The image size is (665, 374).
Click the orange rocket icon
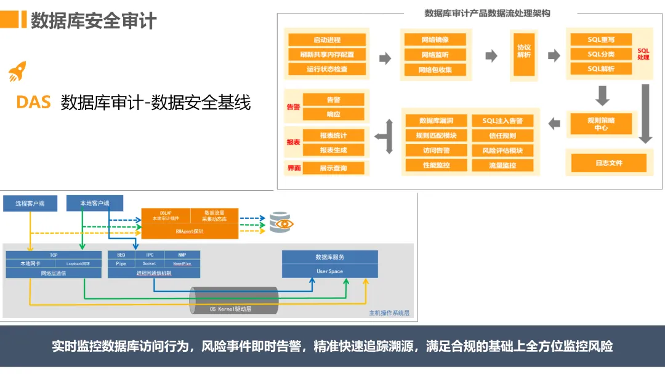pyautogui.click(x=17, y=72)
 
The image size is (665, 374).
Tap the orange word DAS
pyautogui.click(x=34, y=103)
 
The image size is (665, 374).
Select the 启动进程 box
pyautogui.click(x=327, y=39)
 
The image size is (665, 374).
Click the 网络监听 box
pyautogui.click(x=435, y=55)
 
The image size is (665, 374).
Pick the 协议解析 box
pyautogui.click(x=524, y=51)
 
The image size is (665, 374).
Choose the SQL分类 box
pyautogui.click(x=601, y=54)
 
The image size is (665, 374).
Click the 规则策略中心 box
pyautogui.click(x=601, y=124)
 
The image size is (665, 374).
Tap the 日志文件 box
pyautogui.click(x=608, y=163)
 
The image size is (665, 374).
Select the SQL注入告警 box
pyautogui.click(x=502, y=121)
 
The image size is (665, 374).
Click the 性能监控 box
pyautogui.click(x=437, y=165)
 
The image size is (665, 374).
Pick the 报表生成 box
pyautogui.click(x=334, y=150)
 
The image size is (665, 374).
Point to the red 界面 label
pyautogui.click(x=294, y=168)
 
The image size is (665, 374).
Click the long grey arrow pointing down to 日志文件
pyautogui.click(x=645, y=114)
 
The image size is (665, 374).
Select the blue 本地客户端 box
pyautogui.click(x=95, y=203)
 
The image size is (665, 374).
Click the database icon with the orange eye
pyautogui.click(x=280, y=223)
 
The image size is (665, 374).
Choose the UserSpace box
pyautogui.click(x=329, y=271)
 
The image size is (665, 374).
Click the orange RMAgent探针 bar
pyautogui.click(x=190, y=231)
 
